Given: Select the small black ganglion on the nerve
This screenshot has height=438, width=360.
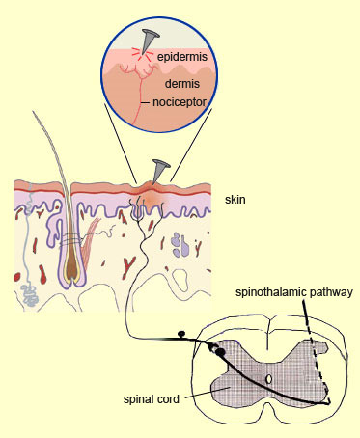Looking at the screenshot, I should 180,338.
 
